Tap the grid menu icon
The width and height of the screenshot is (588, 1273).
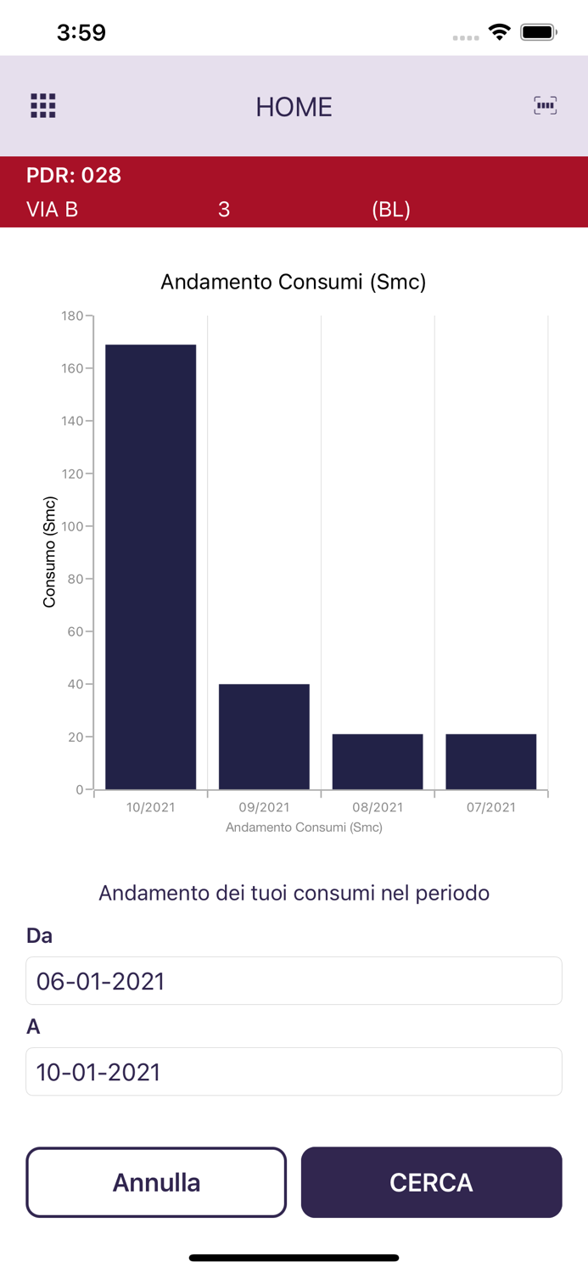pos(43,106)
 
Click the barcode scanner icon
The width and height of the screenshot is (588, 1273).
pos(545,105)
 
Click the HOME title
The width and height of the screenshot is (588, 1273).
pos(294,107)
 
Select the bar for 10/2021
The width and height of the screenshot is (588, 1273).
pos(151,567)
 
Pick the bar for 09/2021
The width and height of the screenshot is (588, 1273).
pos(264,737)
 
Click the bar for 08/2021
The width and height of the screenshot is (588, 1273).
pos(378,761)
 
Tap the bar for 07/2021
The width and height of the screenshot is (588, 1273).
pos(491,761)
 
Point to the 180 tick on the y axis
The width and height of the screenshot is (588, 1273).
pos(73,316)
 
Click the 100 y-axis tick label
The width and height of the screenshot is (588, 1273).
pos(73,526)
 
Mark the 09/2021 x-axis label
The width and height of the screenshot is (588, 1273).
pos(264,807)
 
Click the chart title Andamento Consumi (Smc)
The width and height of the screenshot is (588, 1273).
pos(294,282)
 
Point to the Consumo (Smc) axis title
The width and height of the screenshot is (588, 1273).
pos(49,552)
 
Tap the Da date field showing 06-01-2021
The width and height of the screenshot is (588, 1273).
pos(294,981)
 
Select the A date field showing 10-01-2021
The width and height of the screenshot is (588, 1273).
pos(294,1072)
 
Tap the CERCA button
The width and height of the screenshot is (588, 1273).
pos(431,1182)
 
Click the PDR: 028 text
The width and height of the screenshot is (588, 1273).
pos(74,176)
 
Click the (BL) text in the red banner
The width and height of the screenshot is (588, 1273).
pos(391,210)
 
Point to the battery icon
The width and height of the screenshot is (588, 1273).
pos(538,32)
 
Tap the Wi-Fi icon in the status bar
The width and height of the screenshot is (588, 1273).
pos(500,32)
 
